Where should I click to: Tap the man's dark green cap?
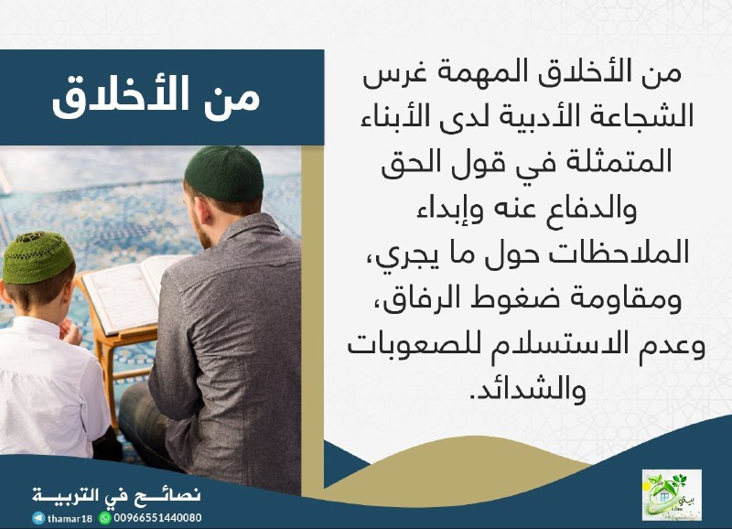tap(224, 173)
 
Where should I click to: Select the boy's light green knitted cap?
tap(38, 257)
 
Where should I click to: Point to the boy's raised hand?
tap(70, 330)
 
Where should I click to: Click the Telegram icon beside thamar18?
tap(38, 518)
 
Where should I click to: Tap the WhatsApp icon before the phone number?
tap(105, 518)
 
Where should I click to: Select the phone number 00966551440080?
tap(157, 518)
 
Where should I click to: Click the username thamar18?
tap(70, 518)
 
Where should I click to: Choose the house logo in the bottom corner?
tap(672, 495)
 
